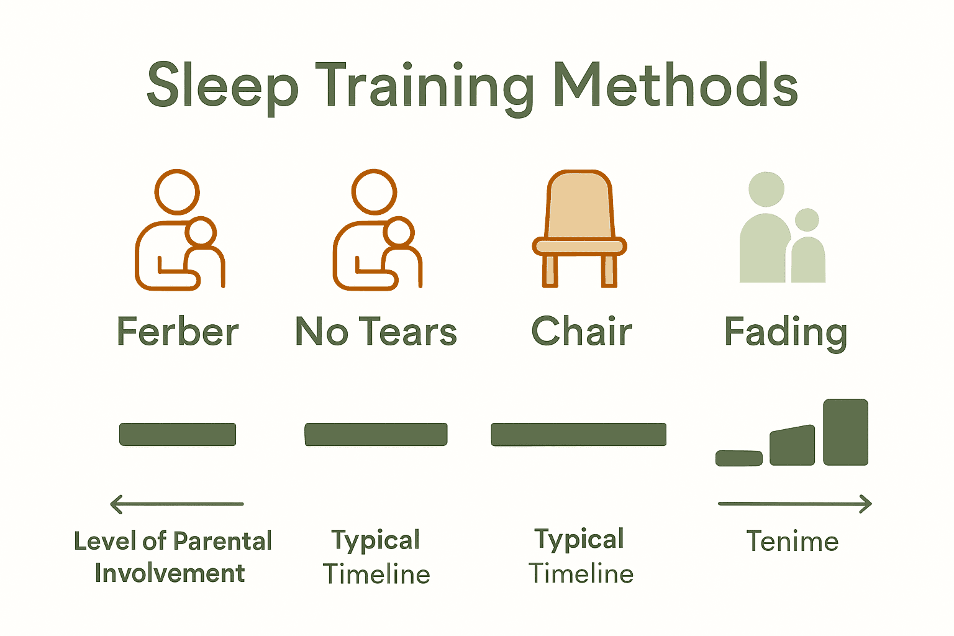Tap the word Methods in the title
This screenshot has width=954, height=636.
[676, 86]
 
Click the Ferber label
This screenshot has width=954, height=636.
[178, 332]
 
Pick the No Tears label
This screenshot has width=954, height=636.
[376, 332]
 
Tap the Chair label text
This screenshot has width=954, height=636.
[581, 332]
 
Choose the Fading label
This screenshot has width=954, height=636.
[786, 333]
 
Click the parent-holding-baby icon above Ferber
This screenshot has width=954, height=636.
[179, 230]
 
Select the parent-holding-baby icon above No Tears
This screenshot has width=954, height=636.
[376, 230]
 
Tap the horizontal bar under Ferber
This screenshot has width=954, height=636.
[178, 434]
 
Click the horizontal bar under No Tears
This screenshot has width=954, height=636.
[376, 434]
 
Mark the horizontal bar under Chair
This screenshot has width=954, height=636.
[578, 434]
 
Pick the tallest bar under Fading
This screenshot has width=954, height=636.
[845, 432]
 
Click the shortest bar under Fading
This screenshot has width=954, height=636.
[739, 458]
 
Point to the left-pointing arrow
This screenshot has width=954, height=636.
[177, 504]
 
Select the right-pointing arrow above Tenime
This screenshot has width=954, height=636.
[795, 504]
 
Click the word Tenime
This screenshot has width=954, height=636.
[792, 542]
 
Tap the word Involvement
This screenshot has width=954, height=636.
[170, 573]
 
